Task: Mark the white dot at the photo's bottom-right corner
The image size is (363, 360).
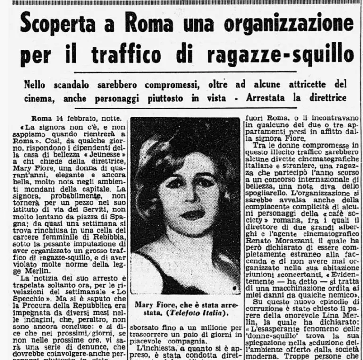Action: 235,286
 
